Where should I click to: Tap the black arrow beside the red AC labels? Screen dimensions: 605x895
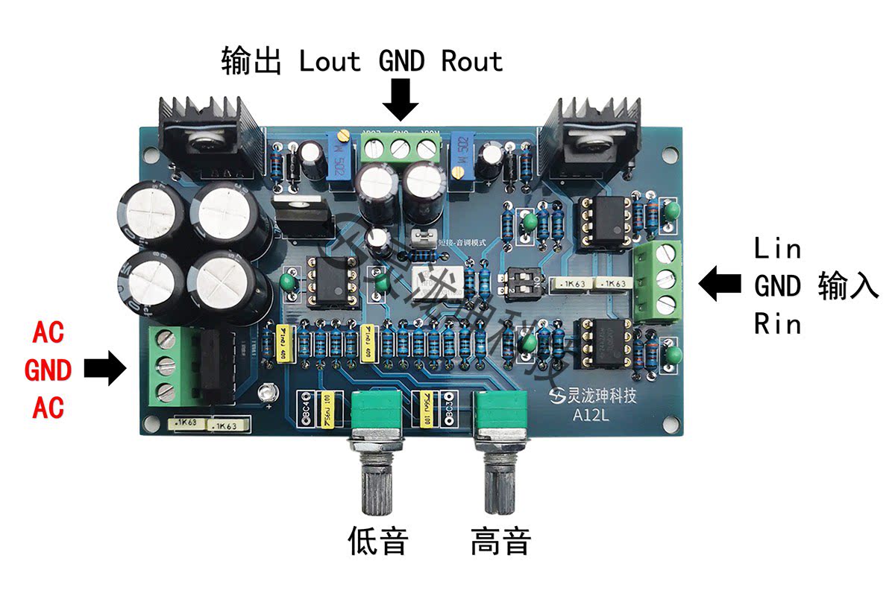point(105,369)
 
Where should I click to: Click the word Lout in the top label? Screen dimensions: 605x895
point(330,61)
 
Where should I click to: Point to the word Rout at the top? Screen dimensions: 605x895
point(471,61)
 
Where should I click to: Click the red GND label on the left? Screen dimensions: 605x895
point(48,370)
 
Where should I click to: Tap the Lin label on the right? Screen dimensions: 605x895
point(777,248)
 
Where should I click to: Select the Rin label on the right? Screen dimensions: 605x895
point(777,324)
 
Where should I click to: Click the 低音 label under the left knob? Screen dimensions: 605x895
point(379,542)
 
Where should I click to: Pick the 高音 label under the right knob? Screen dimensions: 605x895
point(500,542)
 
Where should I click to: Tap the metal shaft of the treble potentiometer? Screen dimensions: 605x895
point(500,477)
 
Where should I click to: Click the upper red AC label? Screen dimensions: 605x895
point(48,333)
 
